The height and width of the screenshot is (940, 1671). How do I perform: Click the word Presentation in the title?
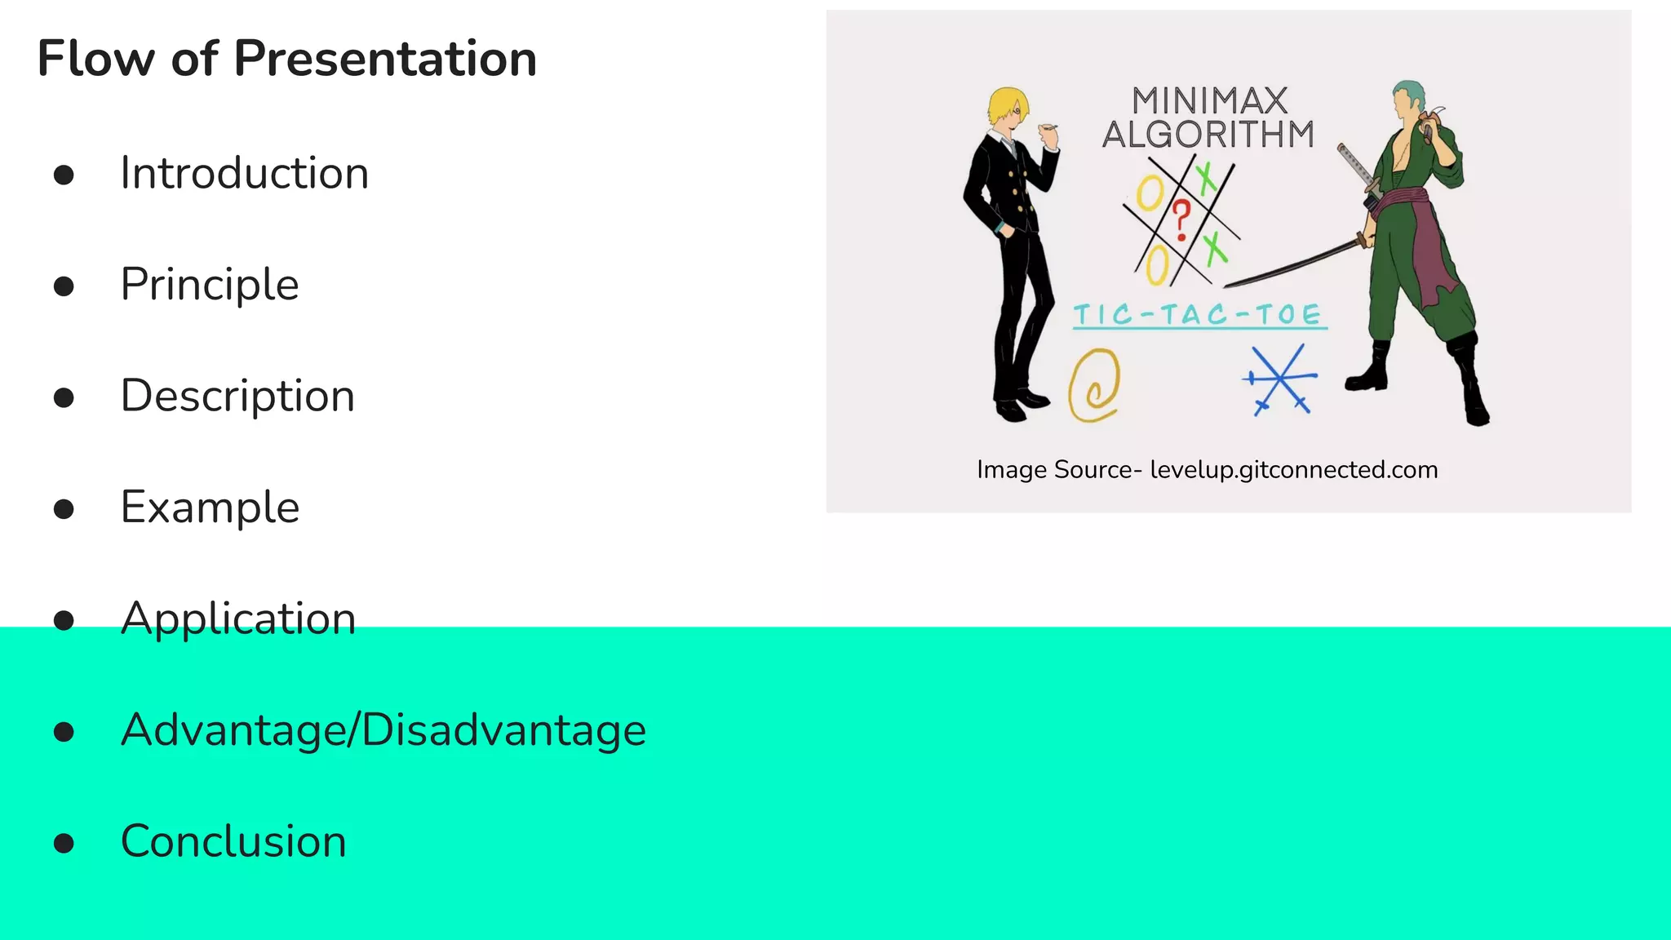tap(385, 59)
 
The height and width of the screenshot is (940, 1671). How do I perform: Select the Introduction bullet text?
tap(245, 174)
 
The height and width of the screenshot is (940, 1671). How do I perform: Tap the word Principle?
tap(210, 285)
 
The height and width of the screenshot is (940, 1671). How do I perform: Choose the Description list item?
tap(237, 396)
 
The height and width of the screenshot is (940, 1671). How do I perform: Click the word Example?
tap(210, 508)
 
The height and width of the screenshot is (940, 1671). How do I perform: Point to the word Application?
tap(238, 619)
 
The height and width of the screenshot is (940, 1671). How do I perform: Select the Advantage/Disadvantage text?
tap(383, 729)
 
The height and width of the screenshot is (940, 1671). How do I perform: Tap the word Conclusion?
tap(233, 841)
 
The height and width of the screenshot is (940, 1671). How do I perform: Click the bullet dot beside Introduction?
tap(64, 175)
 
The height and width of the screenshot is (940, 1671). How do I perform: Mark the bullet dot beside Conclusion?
tap(64, 843)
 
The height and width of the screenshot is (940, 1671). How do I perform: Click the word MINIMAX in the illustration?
tap(1209, 101)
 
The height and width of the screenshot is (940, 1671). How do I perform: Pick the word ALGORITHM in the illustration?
tap(1208, 135)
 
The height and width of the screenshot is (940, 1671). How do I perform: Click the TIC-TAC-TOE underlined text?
tap(1198, 315)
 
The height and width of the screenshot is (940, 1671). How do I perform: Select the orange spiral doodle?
tap(1094, 384)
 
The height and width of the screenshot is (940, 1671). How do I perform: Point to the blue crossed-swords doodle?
tap(1279, 380)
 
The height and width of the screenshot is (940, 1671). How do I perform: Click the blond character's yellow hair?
tap(1006, 104)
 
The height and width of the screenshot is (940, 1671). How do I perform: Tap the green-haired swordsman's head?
tap(1409, 99)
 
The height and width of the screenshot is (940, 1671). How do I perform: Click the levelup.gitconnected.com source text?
tap(1293, 470)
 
